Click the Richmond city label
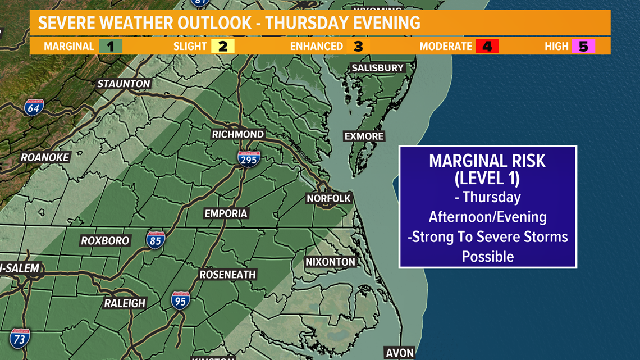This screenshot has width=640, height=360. [x=237, y=134]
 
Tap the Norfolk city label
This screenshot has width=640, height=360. [x=328, y=198]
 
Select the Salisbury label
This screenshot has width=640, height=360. [x=377, y=68]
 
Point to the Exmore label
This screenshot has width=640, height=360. [x=364, y=136]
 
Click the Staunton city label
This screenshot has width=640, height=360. [x=124, y=84]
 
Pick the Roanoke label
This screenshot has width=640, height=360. [x=44, y=157]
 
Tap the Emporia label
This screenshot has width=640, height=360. [x=226, y=213]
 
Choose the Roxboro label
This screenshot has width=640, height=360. [x=105, y=240]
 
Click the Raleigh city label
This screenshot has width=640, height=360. [x=125, y=303]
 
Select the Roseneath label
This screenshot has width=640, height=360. [x=227, y=275]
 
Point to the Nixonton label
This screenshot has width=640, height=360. [x=330, y=262]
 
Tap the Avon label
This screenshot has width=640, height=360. [x=400, y=353]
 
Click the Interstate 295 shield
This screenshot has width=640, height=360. [x=249, y=159]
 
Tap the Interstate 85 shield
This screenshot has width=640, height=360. [x=156, y=240]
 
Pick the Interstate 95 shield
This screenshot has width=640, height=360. [x=180, y=300]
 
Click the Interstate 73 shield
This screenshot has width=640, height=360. [x=19, y=339]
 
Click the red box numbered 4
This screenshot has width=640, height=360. [x=487, y=46]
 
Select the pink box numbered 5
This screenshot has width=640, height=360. [x=583, y=46]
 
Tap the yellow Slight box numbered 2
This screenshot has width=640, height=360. [x=223, y=46]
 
